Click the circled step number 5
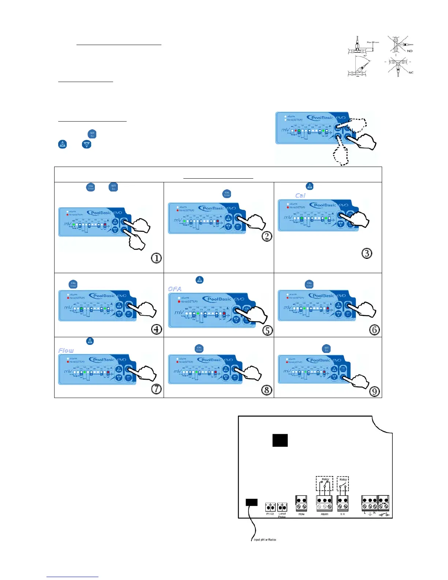point(268,330)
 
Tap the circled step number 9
point(374,391)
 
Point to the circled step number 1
point(156,258)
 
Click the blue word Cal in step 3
point(300,196)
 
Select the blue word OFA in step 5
point(175,289)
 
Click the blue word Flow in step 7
point(66,350)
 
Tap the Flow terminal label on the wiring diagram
point(301,514)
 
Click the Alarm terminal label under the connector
point(324,514)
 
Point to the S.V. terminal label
point(343,514)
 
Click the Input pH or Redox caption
point(265,540)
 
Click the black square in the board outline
point(280,440)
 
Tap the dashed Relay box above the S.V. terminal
point(343,483)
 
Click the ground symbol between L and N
point(370,513)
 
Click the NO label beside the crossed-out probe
point(410,51)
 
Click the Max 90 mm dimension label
point(373,42)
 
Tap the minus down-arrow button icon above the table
point(86,144)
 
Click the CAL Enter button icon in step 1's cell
point(91,187)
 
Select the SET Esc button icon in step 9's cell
point(326,349)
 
